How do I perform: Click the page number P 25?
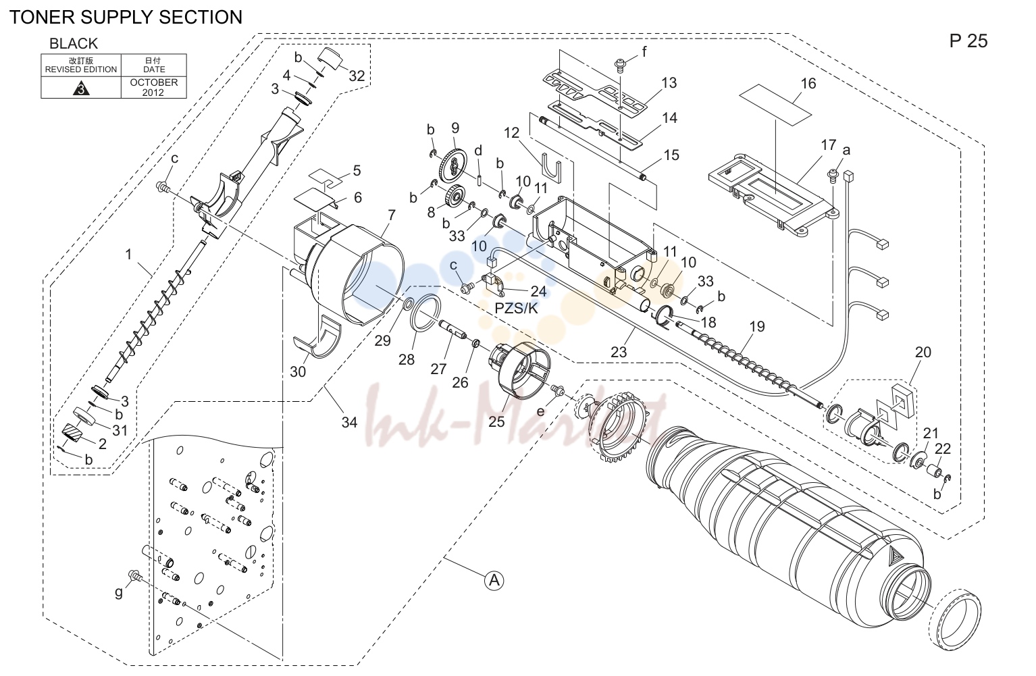click(968, 41)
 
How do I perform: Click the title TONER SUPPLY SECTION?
click(126, 18)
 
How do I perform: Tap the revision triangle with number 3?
click(82, 88)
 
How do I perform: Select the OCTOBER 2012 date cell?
click(153, 87)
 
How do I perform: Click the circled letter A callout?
click(494, 580)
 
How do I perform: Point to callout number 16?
click(808, 84)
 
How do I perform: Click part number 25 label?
click(496, 421)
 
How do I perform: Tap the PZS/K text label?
click(516, 309)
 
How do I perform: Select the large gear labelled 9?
click(452, 165)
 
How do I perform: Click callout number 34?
click(349, 422)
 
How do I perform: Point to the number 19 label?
click(757, 326)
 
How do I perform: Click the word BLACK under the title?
click(74, 43)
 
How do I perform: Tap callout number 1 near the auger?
click(128, 255)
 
